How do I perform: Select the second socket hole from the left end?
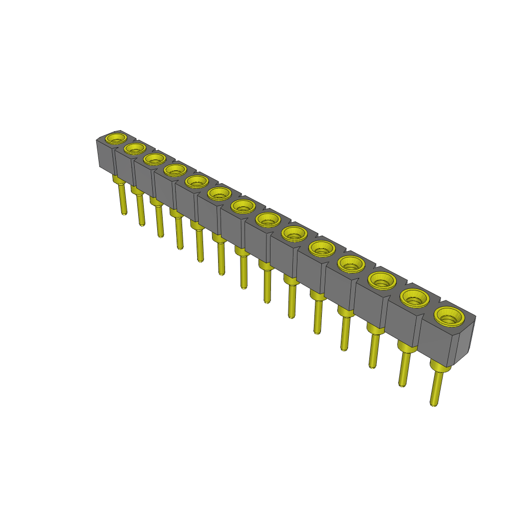(x=135, y=148)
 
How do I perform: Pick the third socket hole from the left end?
(x=155, y=159)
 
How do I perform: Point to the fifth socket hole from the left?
(x=197, y=181)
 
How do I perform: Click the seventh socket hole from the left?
(x=243, y=206)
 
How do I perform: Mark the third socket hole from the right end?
(x=382, y=280)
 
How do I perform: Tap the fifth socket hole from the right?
(x=322, y=247)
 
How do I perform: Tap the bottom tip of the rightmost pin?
(x=434, y=404)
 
